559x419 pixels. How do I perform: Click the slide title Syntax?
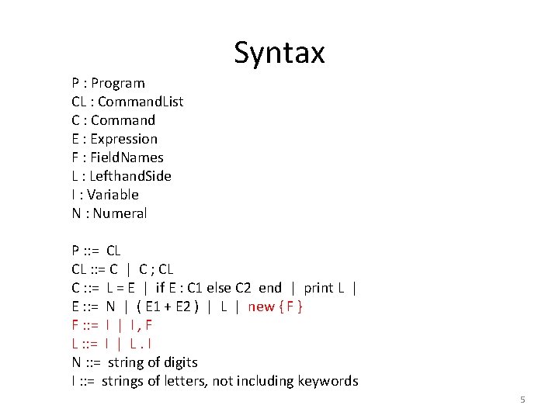pos(279,53)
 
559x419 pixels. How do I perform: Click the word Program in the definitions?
pos(118,83)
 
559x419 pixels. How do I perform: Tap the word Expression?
pos(123,139)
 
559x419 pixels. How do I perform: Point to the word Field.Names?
pos(127,158)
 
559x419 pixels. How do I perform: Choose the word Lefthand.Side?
pos(130,176)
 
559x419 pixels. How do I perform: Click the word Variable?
pos(113,195)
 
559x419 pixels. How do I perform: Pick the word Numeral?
pos(120,213)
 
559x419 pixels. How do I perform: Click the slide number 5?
pos(523,400)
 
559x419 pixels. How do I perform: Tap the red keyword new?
pos(261,306)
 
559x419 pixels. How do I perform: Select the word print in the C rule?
pos(318,288)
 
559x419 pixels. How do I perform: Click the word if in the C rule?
pos(160,288)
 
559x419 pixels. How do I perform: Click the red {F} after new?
pos(291,306)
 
